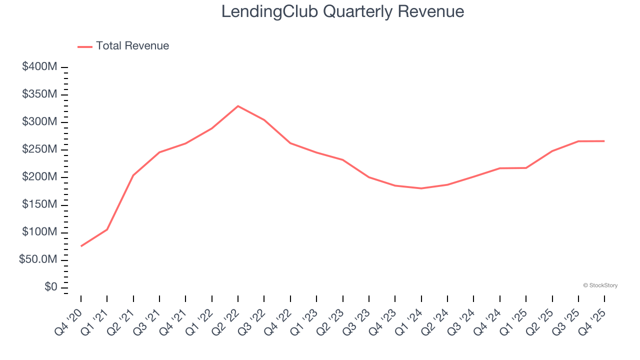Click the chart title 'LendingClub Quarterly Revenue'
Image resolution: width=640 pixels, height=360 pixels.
[x=342, y=11]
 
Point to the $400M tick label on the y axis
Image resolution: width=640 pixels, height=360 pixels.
[x=39, y=67]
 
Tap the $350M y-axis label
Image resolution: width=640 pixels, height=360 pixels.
[x=39, y=94]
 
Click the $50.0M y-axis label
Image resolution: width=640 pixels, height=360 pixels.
[x=37, y=260]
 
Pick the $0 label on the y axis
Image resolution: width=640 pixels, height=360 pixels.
[x=51, y=287]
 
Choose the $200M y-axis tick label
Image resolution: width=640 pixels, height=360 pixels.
[x=39, y=177]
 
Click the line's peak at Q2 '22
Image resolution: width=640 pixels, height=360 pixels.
[x=238, y=106]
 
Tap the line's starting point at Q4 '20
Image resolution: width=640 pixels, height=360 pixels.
[x=81, y=246]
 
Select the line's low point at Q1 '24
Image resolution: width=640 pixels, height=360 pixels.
[x=421, y=188]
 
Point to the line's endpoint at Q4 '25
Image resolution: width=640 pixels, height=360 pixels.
[x=604, y=141]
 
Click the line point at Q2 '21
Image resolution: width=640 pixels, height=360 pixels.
[x=133, y=175]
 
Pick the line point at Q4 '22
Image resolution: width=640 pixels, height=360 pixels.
[x=290, y=143]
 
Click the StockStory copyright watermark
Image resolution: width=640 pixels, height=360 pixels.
[x=600, y=285]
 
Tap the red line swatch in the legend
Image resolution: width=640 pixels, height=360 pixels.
[x=85, y=46]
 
